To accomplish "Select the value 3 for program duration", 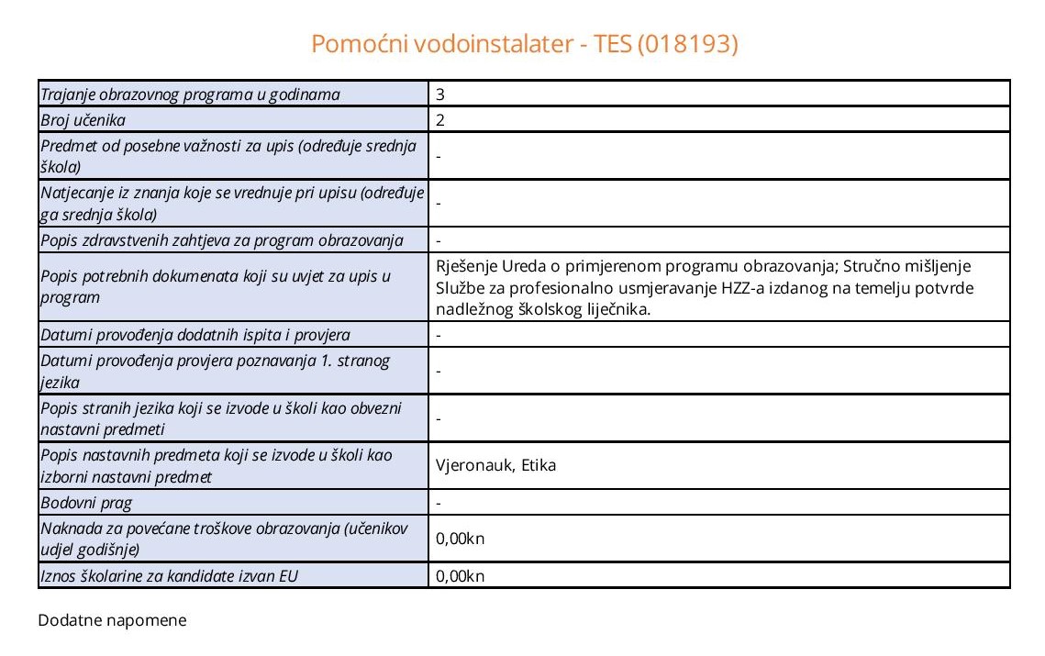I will [x=441, y=94].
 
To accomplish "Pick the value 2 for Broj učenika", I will [x=441, y=119].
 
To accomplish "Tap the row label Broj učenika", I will [x=83, y=119].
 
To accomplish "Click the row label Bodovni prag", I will [x=86, y=502].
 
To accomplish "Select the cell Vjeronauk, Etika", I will [x=496, y=465].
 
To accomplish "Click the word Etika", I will [x=539, y=465].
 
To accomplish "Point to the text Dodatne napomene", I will [x=112, y=621].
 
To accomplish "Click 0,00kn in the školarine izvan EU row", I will [x=460, y=576].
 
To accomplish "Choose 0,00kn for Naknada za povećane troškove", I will [x=460, y=539].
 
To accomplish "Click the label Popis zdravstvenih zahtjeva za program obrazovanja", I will [x=222, y=240].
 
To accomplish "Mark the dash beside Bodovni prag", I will [x=439, y=503].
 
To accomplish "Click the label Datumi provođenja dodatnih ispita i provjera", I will [x=195, y=335].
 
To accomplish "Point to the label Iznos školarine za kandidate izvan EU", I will [x=170, y=576].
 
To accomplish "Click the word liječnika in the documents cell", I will [x=616, y=310].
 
